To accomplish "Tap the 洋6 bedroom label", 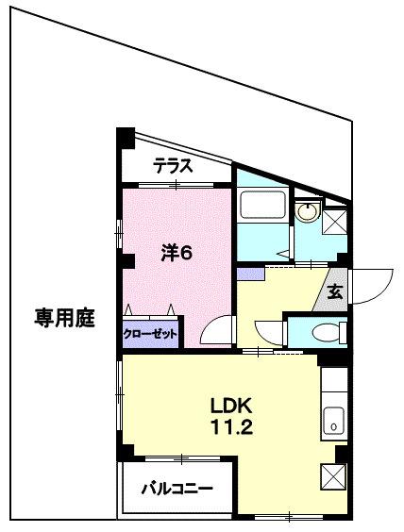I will [176, 252].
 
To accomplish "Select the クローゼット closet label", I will [151, 333].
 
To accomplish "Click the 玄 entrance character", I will [335, 291].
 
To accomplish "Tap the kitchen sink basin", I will [334, 422].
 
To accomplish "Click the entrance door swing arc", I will [375, 286].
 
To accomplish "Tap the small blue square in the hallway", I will [251, 274].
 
